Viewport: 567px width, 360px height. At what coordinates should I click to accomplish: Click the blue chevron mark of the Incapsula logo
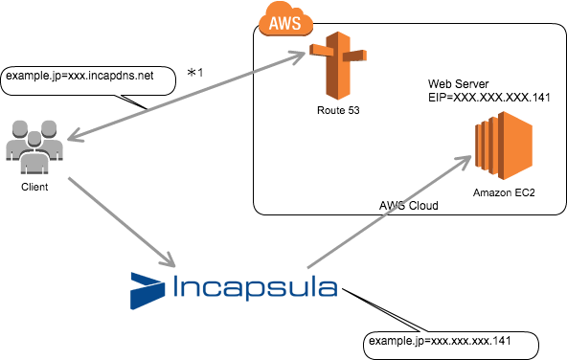147,290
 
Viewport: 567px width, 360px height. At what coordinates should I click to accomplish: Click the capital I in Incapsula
176,287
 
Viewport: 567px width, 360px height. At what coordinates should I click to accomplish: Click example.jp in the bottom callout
394,341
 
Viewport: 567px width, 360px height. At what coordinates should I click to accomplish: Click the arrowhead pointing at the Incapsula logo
168,259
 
